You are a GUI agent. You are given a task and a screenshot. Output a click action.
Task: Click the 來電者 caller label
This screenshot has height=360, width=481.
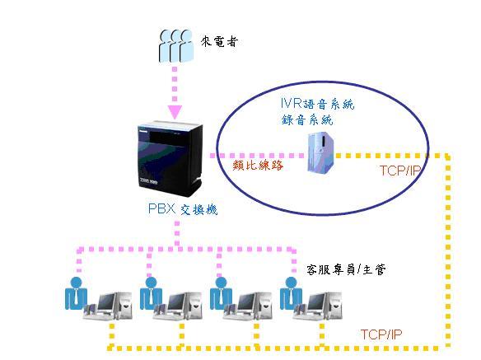(x=219, y=41)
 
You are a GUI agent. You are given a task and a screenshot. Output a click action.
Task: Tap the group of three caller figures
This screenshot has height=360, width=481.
(x=175, y=46)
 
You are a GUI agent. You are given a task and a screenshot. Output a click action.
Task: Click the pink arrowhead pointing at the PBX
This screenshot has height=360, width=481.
(x=175, y=112)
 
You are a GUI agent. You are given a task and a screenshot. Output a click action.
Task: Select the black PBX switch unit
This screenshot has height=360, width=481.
(x=170, y=159)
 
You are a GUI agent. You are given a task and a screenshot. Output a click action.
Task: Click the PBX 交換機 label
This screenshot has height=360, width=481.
(x=183, y=209)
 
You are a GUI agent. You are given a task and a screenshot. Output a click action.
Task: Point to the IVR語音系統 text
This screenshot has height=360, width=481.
(x=317, y=104)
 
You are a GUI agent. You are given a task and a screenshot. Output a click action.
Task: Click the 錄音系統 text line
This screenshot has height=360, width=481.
(x=307, y=119)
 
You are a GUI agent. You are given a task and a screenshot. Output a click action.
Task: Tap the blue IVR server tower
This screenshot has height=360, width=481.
(x=320, y=152)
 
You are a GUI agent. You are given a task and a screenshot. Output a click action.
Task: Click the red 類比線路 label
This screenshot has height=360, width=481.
(x=258, y=166)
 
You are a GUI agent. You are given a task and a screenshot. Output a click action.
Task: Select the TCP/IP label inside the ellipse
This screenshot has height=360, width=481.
(x=399, y=171)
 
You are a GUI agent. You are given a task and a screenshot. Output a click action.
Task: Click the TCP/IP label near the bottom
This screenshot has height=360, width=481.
(x=381, y=334)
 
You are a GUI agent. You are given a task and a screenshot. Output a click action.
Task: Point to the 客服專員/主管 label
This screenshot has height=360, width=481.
(x=346, y=269)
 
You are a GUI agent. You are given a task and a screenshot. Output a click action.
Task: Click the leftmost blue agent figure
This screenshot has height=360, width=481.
(x=76, y=293)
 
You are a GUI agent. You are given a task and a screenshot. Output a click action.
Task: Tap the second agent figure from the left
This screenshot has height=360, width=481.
(x=151, y=293)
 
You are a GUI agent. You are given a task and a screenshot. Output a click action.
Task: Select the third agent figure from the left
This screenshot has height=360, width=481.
(x=221, y=293)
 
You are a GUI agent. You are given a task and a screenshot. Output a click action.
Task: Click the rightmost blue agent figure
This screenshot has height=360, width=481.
(x=291, y=293)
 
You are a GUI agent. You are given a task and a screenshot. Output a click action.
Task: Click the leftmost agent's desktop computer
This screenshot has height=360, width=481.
(x=108, y=306)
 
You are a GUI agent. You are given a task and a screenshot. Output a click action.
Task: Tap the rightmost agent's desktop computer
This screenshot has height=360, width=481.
(x=317, y=306)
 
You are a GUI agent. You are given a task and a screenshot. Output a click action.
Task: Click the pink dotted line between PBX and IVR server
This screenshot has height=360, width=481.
(x=257, y=156)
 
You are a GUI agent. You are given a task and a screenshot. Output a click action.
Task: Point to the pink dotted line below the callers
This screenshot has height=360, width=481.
(x=175, y=84)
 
